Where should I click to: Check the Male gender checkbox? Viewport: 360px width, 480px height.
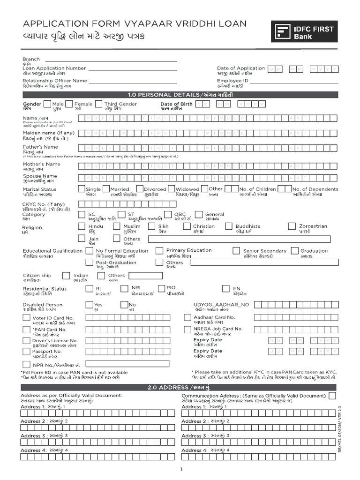(47, 104)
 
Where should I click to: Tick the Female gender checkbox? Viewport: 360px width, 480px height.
(69, 104)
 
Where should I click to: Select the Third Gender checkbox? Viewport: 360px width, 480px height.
(99, 104)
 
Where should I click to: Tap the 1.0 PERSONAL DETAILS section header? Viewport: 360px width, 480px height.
(180, 95)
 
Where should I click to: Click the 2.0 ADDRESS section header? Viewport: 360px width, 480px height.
(180, 387)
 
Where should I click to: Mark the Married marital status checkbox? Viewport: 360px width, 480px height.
(105, 189)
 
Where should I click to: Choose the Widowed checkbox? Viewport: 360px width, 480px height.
(171, 189)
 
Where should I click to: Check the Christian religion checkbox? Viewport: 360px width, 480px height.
(188, 226)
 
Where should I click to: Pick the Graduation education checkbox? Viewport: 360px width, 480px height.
(295, 251)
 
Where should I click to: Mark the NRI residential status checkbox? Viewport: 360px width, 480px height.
(125, 288)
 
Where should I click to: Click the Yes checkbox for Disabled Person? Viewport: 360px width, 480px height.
(89, 305)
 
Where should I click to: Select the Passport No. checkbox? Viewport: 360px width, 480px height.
(27, 352)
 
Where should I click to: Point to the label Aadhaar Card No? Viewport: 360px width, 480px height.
(214, 317)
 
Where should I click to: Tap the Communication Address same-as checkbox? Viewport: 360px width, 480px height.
(332, 396)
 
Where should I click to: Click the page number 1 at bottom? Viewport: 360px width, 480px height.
(180, 470)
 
